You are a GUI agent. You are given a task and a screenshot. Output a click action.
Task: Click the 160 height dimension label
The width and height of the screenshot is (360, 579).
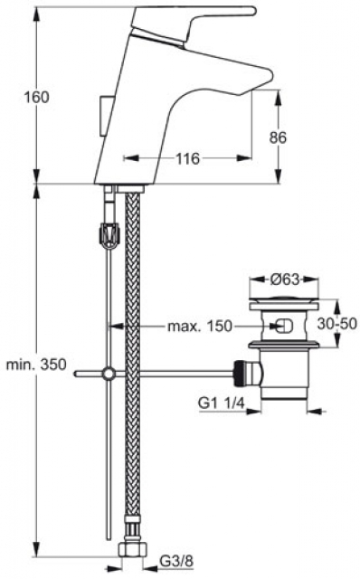(36, 98)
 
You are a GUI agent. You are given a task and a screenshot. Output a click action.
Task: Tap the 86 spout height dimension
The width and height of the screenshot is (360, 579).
(278, 138)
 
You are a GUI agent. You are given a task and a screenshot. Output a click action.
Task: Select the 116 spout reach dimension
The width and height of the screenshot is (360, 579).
(187, 159)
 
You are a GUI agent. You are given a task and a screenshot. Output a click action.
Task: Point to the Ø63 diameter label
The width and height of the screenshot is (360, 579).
(284, 280)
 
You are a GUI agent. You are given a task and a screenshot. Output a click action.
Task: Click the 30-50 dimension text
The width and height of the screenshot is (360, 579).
(337, 324)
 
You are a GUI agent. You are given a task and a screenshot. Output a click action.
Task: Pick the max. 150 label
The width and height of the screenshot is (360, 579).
(200, 326)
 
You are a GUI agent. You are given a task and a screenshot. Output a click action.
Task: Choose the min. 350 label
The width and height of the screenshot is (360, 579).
(36, 365)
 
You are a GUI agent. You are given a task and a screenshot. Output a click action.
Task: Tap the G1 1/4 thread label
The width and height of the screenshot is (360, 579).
(222, 403)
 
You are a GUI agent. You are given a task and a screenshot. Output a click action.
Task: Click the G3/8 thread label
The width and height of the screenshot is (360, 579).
(175, 562)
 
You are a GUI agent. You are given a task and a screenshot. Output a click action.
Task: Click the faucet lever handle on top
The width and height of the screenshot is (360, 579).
(192, 22)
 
